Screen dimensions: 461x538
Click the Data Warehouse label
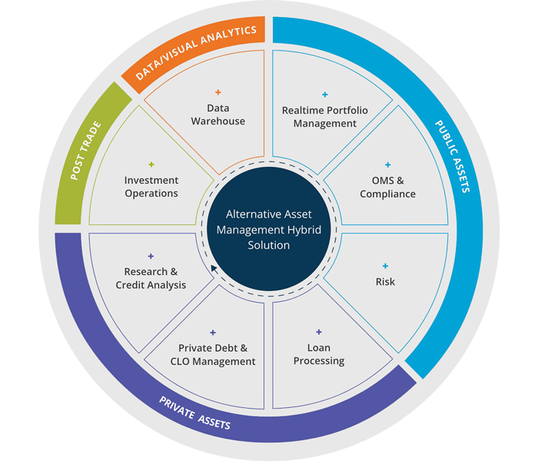click(x=225, y=114)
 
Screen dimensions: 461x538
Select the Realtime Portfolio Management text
click(x=324, y=117)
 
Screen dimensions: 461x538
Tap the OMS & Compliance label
click(x=387, y=187)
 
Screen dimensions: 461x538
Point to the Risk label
click(x=385, y=282)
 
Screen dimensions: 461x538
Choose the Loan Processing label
click(x=319, y=354)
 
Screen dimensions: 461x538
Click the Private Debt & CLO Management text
click(x=212, y=354)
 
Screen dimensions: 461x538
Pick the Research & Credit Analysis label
click(x=151, y=278)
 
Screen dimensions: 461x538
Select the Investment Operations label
click(x=151, y=187)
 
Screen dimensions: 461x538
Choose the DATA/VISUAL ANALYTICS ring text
click(x=196, y=53)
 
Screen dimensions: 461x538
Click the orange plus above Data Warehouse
click(x=218, y=92)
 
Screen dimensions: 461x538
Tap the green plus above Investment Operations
click(x=151, y=164)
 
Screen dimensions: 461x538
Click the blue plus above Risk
click(x=385, y=266)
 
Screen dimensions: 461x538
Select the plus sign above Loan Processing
click(x=319, y=332)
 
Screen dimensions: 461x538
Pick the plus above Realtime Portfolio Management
click(x=324, y=95)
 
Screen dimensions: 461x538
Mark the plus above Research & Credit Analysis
click(x=151, y=256)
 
